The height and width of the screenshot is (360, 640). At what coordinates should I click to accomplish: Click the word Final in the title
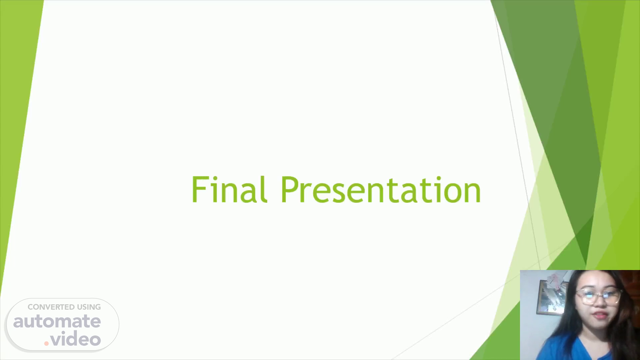[x=229, y=189]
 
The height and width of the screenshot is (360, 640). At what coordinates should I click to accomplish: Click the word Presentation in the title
[x=381, y=189]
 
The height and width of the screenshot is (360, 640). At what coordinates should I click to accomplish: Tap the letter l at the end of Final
[x=265, y=189]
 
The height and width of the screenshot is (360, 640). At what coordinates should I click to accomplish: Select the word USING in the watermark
[x=89, y=307]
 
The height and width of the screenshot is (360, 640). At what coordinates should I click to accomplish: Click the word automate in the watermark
[x=57, y=321]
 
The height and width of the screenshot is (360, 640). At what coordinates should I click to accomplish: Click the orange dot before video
[x=47, y=343]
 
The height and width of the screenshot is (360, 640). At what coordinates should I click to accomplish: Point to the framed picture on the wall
[x=552, y=298]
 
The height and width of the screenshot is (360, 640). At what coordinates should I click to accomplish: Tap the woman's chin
[x=600, y=325]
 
